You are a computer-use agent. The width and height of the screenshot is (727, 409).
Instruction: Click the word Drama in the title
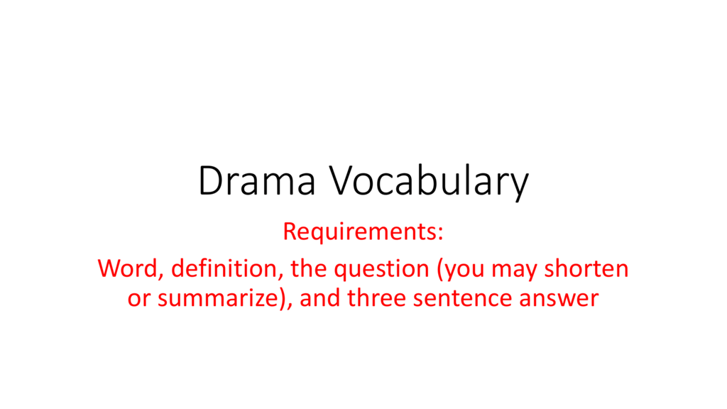click(257, 181)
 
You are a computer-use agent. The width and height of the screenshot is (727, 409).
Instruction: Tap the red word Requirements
click(360, 232)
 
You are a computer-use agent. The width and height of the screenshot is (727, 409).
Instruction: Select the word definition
click(225, 268)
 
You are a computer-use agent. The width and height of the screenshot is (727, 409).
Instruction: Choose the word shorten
click(586, 268)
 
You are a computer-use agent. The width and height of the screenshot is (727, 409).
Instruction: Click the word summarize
click(217, 298)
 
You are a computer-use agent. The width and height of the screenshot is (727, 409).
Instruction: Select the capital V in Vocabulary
click(341, 181)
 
